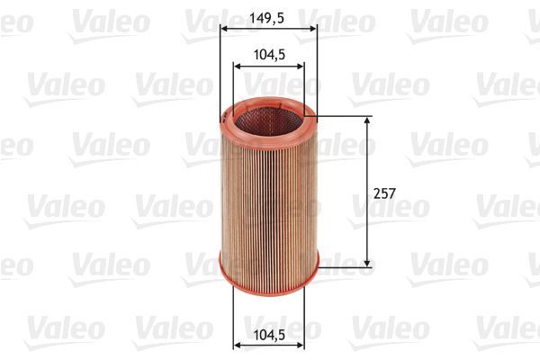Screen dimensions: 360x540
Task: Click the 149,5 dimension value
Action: pyautogui.click(x=268, y=15)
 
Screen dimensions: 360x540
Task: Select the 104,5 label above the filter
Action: pyautogui.click(x=268, y=54)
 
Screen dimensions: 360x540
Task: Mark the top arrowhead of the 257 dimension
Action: pyautogui.click(x=367, y=120)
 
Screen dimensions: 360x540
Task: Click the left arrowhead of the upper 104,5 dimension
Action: pyautogui.click(x=237, y=66)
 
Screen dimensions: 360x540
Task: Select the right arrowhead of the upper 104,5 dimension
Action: pyautogui.click(x=301, y=66)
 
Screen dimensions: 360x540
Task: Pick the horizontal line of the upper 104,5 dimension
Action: pyautogui.click(x=268, y=66)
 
